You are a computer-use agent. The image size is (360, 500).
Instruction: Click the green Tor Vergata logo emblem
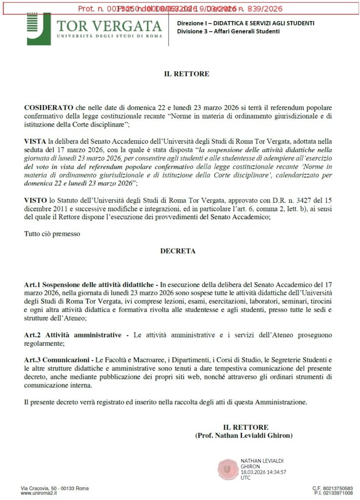(38, 28)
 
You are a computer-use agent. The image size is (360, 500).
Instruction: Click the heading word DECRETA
(178, 251)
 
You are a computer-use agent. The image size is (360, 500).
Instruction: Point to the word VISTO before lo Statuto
(35, 201)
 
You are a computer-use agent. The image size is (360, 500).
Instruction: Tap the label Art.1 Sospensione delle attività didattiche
(91, 284)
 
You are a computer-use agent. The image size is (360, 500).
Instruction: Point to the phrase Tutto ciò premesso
(52, 234)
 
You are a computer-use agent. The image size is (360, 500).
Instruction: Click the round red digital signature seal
(227, 469)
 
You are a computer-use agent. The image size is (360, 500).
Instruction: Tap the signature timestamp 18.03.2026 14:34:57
(263, 472)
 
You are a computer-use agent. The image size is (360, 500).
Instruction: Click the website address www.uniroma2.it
(40, 493)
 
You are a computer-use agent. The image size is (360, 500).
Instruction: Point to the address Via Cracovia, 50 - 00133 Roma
(55, 488)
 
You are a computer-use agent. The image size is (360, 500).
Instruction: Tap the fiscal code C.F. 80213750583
(333, 488)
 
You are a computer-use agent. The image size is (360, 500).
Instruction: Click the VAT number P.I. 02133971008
(333, 493)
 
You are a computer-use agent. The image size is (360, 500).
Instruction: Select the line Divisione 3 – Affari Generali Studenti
(228, 31)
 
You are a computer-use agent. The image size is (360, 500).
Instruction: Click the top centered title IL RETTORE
(186, 74)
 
